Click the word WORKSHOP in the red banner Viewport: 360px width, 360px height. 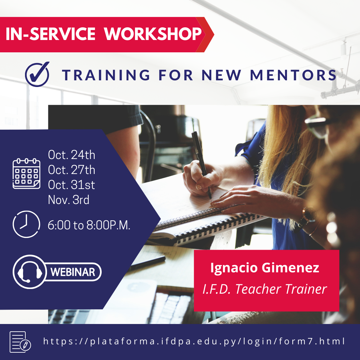(153, 34)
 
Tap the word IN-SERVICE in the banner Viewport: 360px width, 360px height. (51, 34)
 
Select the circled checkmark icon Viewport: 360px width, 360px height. (37, 74)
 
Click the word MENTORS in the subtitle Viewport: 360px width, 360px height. (293, 75)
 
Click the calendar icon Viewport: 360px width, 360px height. (26, 174)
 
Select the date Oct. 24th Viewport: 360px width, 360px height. (72, 155)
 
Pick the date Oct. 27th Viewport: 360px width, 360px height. (72, 170)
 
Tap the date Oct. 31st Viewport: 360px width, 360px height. (72, 185)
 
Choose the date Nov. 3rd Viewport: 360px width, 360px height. (69, 200)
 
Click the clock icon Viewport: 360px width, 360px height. (26, 224)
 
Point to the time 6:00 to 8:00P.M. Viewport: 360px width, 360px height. (89, 225)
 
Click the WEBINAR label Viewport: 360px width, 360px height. (73, 272)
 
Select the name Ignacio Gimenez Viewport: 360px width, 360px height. (265, 268)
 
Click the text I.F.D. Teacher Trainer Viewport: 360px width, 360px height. (265, 289)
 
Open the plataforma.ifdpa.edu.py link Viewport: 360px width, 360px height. (194, 342)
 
